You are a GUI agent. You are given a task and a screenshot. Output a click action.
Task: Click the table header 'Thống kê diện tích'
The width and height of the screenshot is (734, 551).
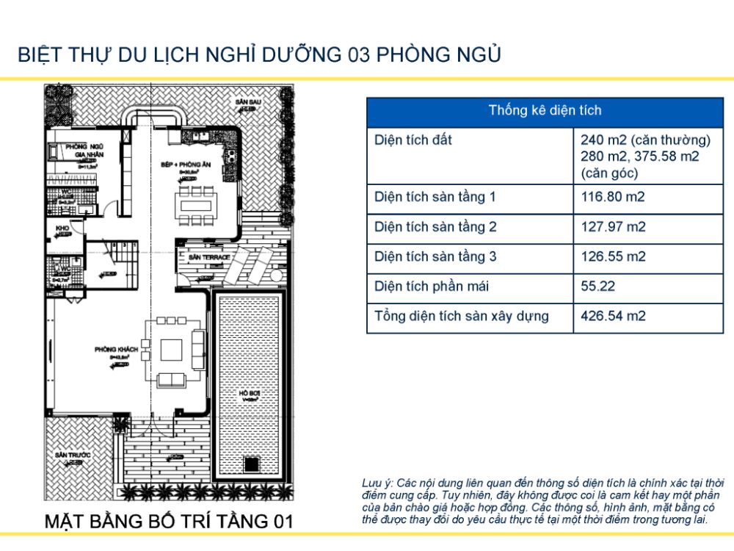point(545,111)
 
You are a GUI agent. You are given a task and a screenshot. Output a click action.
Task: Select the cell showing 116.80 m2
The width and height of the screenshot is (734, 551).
point(613,197)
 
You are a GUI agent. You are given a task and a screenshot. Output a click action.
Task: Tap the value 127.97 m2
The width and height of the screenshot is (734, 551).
point(613,227)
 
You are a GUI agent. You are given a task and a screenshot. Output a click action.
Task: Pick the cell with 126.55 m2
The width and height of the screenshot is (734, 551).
point(613,257)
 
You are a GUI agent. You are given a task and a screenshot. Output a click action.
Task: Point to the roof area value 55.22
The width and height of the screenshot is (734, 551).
point(597,287)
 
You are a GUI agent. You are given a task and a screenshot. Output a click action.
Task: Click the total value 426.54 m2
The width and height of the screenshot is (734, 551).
point(613,317)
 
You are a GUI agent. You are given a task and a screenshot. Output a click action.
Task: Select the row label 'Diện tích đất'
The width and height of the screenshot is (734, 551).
point(413,140)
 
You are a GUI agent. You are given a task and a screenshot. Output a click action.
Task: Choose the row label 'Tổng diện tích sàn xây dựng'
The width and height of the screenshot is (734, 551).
point(462,317)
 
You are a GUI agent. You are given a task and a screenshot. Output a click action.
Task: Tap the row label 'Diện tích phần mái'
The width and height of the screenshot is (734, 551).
point(432,287)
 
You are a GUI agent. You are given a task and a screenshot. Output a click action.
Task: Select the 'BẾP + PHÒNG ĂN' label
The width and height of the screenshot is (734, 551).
point(186,165)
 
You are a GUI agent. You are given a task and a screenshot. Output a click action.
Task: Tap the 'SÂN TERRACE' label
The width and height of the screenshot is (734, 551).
point(209,258)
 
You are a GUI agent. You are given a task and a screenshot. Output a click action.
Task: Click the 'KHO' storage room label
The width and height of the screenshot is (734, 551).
point(62,228)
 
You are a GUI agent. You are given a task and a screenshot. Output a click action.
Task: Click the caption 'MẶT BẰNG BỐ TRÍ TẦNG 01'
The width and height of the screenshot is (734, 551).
point(169,522)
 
